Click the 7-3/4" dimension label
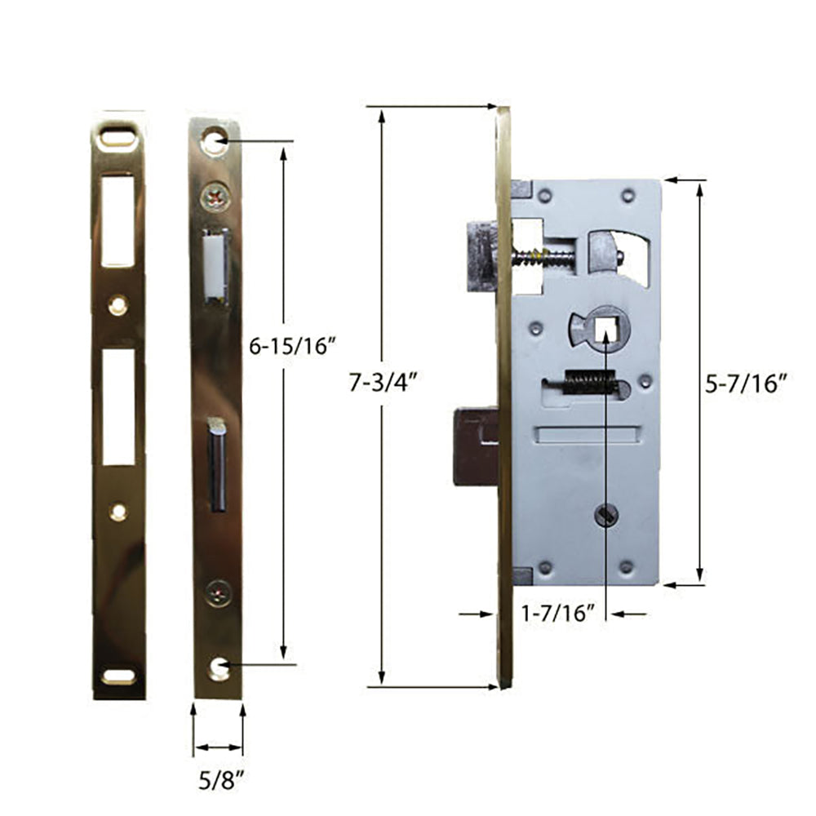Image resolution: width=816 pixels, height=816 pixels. click(383, 382)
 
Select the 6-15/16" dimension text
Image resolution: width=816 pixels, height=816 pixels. click(293, 346)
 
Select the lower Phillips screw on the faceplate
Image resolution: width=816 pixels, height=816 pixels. click(217, 592)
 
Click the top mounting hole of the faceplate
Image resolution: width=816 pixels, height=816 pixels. click(215, 141)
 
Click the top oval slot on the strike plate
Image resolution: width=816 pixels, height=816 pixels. click(118, 136)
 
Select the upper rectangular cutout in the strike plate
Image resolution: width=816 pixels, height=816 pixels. click(118, 220)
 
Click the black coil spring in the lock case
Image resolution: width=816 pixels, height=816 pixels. click(588, 382)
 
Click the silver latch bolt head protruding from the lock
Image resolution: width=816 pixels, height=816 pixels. click(483, 255)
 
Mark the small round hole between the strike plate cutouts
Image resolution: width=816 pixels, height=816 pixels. click(118, 304)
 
